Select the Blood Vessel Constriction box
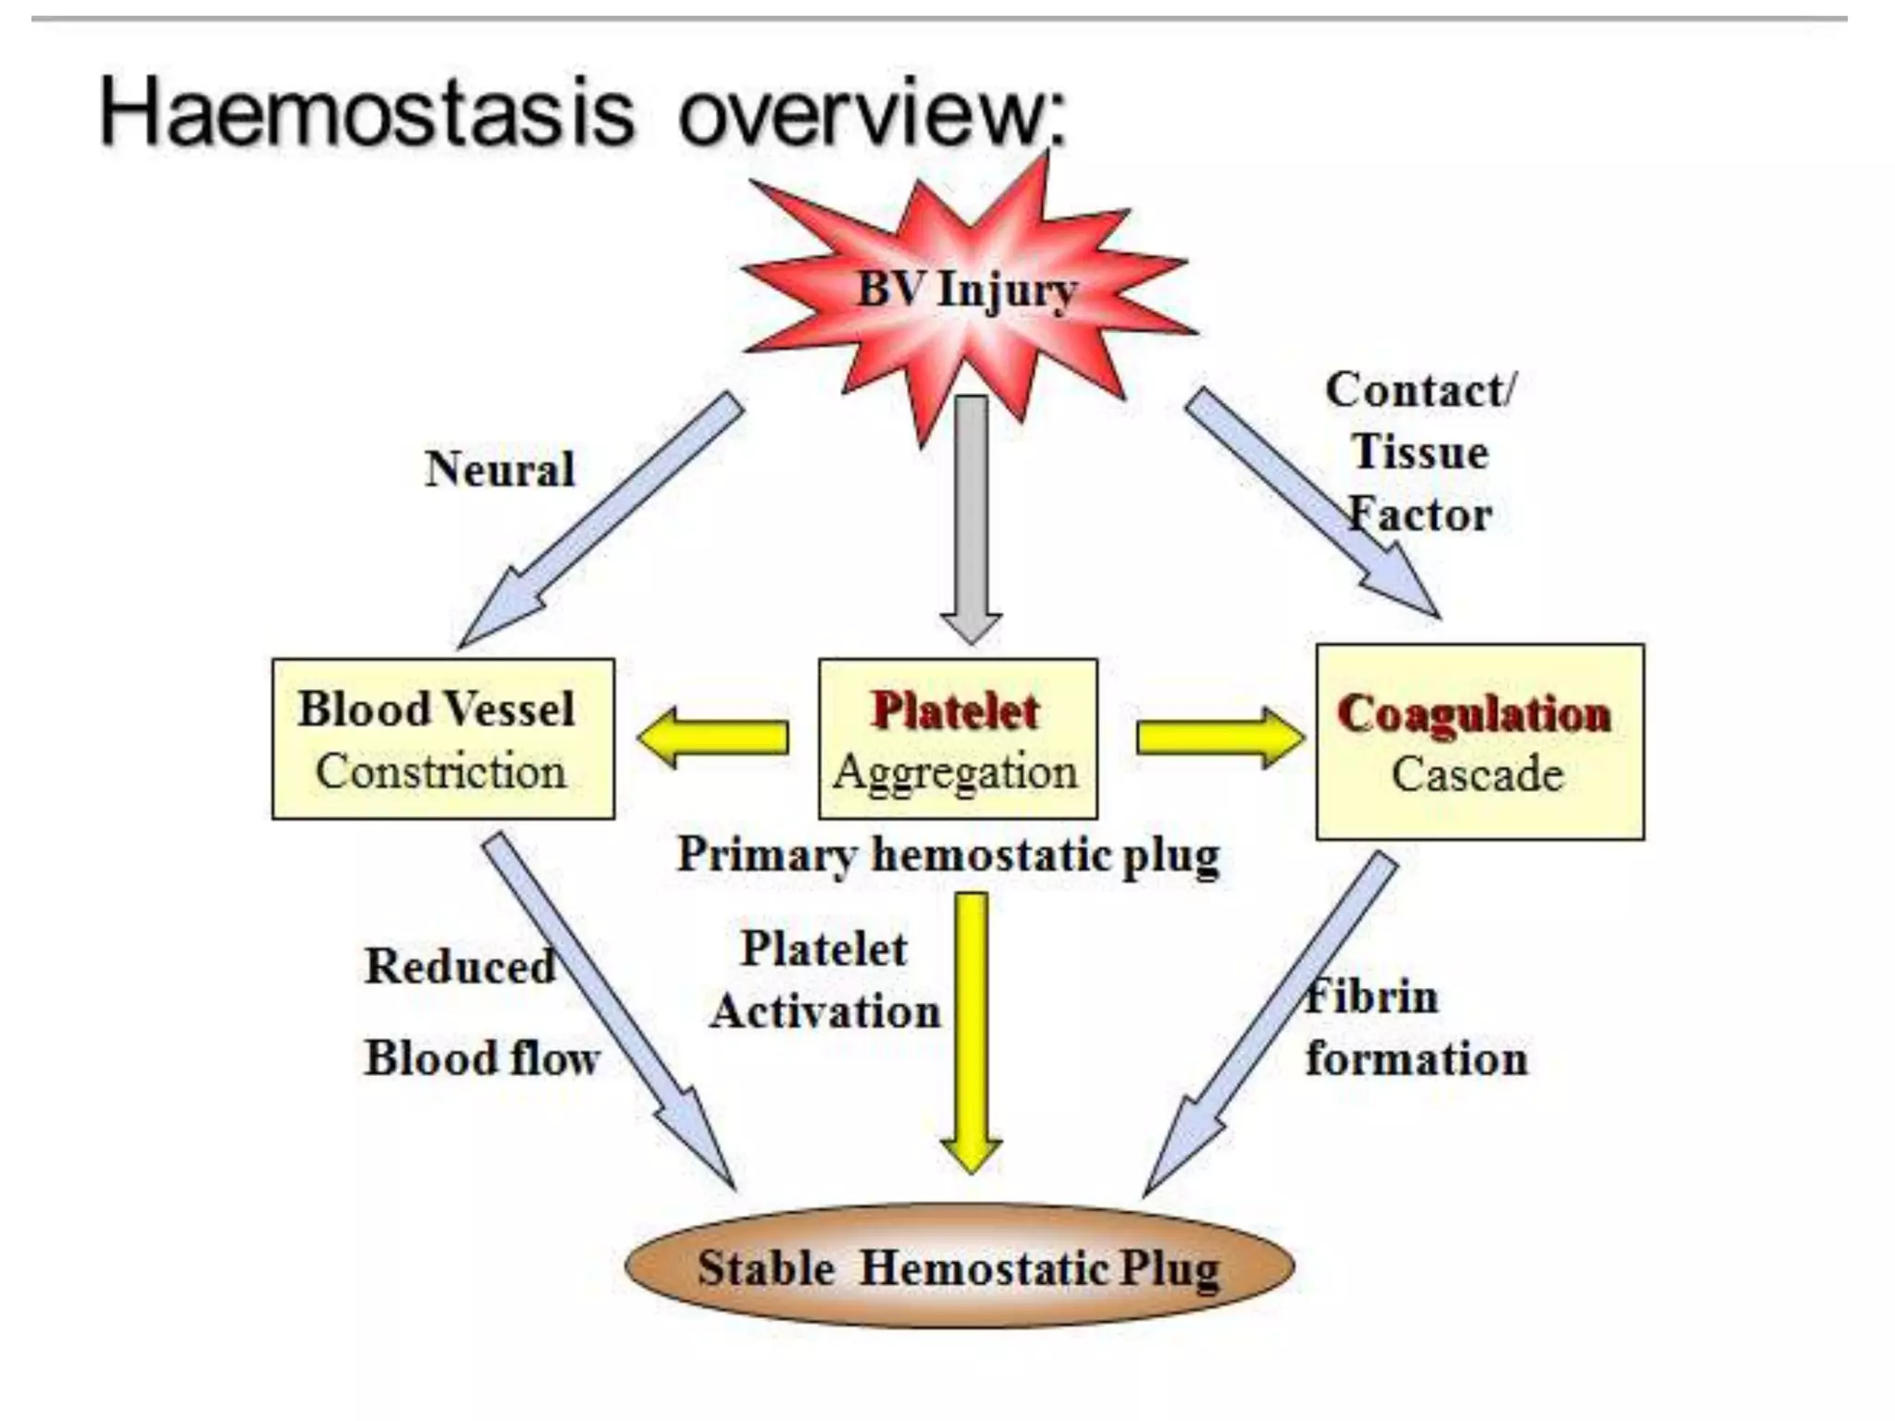(442, 738)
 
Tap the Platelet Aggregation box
(958, 738)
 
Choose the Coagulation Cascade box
(1479, 742)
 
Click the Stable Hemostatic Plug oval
(959, 1267)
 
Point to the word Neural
(500, 469)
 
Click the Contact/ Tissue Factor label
(1420, 452)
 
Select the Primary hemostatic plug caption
(948, 854)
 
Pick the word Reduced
(460, 967)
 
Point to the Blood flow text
(481, 1058)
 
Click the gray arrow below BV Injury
(971, 518)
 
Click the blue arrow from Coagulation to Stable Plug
(1272, 1022)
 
